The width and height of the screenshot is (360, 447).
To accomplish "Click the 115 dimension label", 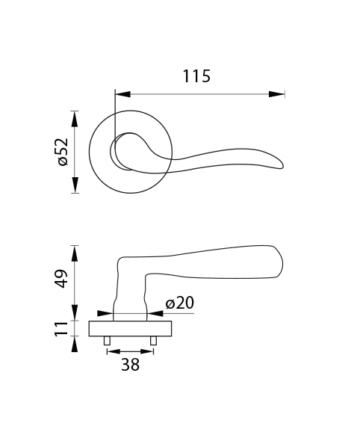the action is pyautogui.click(x=196, y=76).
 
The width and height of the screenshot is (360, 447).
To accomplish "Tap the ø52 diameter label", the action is pyautogui.click(x=63, y=152).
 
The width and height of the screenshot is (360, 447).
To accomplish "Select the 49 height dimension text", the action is pyautogui.click(x=61, y=278).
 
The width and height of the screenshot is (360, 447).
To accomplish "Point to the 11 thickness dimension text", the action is pyautogui.click(x=61, y=328).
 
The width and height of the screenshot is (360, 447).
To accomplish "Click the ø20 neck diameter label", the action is pyautogui.click(x=180, y=303).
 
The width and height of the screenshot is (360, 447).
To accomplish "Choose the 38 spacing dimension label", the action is pyautogui.click(x=130, y=365).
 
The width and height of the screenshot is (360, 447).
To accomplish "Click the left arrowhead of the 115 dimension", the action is pyautogui.click(x=122, y=94).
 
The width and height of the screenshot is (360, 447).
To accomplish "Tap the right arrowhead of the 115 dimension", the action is pyautogui.click(x=277, y=94).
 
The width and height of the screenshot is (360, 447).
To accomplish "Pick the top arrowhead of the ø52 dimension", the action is pyautogui.click(x=75, y=119).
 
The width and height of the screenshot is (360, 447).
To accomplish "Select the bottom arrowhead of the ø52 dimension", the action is pyautogui.click(x=75, y=185).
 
